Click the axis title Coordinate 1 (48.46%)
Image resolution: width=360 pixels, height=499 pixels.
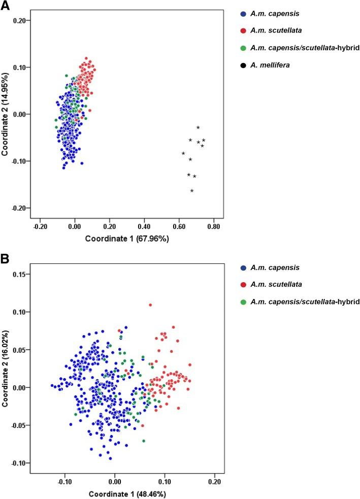click(127, 493)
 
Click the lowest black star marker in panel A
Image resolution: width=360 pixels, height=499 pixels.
click(192, 191)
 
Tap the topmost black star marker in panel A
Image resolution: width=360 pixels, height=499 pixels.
click(198, 127)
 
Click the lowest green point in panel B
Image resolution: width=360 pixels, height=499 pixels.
click(144, 441)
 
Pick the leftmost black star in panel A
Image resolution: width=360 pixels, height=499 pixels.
click(183, 153)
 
